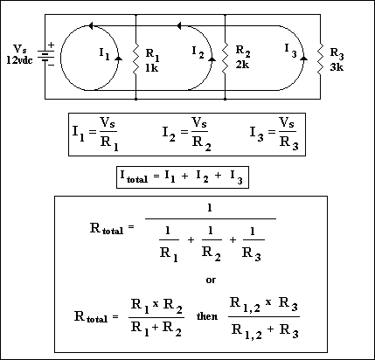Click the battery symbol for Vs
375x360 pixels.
point(45,56)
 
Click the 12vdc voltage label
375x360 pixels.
point(19,60)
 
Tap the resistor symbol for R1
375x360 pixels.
point(135,60)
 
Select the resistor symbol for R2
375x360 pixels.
point(225,59)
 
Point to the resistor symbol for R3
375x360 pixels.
point(320,59)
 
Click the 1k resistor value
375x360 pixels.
point(151,68)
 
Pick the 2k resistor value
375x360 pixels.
point(242,65)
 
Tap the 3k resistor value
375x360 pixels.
point(337,67)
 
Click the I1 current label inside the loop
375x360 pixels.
point(104,54)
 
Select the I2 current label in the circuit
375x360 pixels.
point(198,52)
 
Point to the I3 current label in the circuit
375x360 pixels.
point(290,50)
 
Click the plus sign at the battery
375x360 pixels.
point(51,45)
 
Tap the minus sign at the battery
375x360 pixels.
point(51,66)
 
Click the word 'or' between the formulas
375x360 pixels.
point(211,280)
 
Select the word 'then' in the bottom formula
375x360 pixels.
point(207,316)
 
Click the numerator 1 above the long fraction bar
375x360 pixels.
point(210,208)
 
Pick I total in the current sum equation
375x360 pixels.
point(134,177)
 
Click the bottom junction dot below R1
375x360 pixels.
point(135,100)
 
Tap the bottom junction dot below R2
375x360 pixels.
point(225,100)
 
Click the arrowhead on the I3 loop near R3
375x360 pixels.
point(303,59)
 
